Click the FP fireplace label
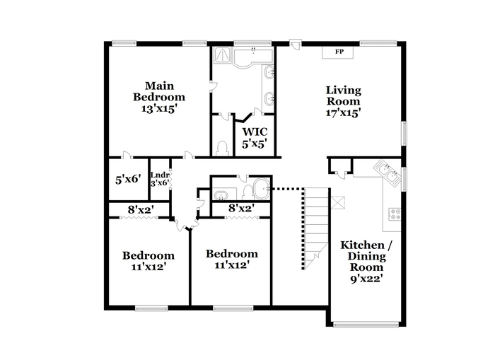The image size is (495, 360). pos(339,52)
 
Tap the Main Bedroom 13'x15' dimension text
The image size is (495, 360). pos(158,109)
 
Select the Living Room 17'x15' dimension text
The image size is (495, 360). pos(344,112)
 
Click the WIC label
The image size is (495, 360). pos(255,132)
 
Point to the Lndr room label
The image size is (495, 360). pos(160,175)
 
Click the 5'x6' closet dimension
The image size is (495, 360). pos(128,180)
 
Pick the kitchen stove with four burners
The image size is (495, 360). pos(395,214)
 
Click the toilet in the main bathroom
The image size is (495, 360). pos(223,148)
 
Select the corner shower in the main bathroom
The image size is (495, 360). pos(223,56)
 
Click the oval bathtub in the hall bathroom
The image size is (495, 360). pos(262,189)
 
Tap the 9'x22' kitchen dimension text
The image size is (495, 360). pos(367,279)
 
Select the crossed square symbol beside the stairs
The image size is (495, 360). pos(338,202)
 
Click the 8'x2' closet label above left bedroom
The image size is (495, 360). pos(141,209)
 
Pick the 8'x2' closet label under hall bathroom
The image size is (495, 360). pos(242,208)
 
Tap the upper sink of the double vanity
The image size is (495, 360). pos(269,73)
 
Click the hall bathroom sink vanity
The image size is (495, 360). pos(224,194)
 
